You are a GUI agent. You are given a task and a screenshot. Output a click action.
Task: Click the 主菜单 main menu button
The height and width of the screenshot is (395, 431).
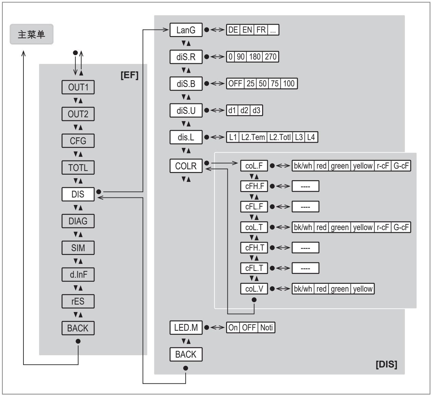(x=32, y=34)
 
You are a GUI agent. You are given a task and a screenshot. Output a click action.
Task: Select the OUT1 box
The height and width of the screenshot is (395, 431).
(x=78, y=87)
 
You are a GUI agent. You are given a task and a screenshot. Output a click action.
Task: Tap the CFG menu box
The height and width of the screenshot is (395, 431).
(x=78, y=141)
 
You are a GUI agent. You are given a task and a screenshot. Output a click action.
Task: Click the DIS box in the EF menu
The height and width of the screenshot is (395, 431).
(x=78, y=194)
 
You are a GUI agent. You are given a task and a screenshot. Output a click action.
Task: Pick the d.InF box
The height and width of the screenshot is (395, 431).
(x=78, y=274)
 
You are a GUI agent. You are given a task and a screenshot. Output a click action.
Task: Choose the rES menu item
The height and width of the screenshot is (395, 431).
(x=78, y=301)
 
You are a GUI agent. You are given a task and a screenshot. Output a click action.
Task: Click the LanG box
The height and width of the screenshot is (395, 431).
(x=186, y=30)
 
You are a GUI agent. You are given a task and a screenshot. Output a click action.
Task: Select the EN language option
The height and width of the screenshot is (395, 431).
(x=247, y=30)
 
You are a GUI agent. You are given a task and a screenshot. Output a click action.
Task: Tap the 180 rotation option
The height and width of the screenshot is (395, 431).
(x=255, y=57)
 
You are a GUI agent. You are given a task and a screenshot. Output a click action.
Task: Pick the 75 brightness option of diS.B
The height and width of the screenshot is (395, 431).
(x=275, y=83)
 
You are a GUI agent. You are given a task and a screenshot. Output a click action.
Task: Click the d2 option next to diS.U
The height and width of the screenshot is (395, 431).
(x=244, y=110)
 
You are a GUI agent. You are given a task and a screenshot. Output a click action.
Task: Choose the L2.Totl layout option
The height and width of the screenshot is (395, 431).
(x=280, y=137)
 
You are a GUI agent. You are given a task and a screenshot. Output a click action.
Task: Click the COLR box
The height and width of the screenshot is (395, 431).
(x=186, y=166)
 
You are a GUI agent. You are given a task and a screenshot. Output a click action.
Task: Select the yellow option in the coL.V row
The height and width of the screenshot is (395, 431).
(x=363, y=289)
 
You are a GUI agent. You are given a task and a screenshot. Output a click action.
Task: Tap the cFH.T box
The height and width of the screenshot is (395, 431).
(x=254, y=247)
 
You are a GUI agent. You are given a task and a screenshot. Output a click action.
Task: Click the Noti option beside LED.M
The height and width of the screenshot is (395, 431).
(x=266, y=327)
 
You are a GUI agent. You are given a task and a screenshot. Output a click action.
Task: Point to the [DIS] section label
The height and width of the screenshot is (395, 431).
(x=386, y=364)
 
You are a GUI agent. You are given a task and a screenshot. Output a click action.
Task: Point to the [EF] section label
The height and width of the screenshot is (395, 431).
(x=130, y=75)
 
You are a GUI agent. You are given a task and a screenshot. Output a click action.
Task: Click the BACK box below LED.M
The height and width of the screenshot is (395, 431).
(x=186, y=355)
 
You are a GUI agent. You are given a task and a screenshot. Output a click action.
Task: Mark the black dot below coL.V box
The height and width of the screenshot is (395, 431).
(x=254, y=300)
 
